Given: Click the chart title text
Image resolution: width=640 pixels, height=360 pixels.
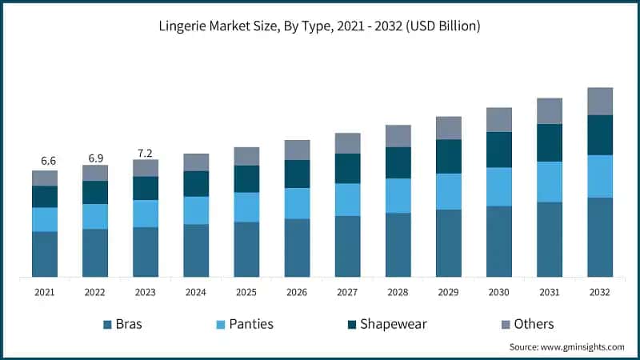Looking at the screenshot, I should pyautogui.click(x=320, y=26).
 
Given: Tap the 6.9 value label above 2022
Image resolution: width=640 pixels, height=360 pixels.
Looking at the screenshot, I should pyautogui.click(x=95, y=156).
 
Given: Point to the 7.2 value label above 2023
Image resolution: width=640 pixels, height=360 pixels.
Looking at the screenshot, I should pyautogui.click(x=146, y=151).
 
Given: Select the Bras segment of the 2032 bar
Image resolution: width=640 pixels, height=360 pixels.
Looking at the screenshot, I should pyautogui.click(x=600, y=237).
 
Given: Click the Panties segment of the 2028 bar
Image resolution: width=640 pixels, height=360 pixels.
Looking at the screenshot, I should pyautogui.click(x=398, y=195).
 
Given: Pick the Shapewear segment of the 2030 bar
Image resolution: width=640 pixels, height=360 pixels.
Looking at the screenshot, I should pyautogui.click(x=499, y=150).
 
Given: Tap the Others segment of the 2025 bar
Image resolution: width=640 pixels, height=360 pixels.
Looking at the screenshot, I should pyautogui.click(x=246, y=156).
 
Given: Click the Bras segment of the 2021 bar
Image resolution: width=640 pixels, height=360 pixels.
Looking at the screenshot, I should pyautogui.click(x=45, y=254).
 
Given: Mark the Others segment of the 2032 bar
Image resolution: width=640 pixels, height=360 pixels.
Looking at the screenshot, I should pyautogui.click(x=600, y=101).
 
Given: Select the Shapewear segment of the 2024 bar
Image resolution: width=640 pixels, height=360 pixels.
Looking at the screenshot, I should pyautogui.click(x=196, y=183).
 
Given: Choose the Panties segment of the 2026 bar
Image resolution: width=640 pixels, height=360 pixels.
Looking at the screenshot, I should pyautogui.click(x=297, y=203).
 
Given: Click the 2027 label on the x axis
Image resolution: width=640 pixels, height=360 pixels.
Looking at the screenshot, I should pyautogui.click(x=347, y=293).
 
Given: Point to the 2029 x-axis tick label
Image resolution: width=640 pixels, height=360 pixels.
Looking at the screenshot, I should pyautogui.click(x=448, y=293).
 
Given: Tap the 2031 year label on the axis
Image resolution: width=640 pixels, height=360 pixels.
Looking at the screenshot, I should pyautogui.click(x=549, y=293).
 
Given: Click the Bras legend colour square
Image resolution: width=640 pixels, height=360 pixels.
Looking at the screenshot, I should pyautogui.click(x=107, y=324).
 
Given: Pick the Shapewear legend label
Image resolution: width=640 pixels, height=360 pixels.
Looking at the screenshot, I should pyautogui.click(x=394, y=324).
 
